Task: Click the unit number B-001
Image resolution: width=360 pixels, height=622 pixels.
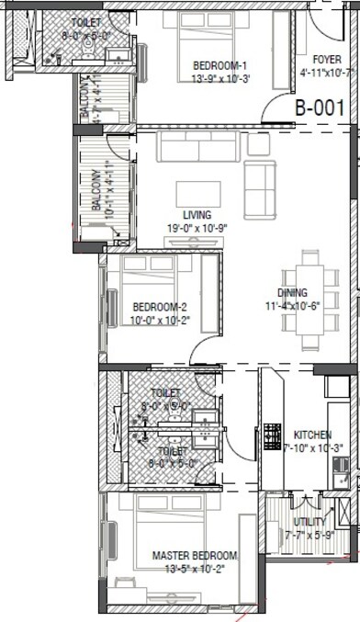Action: click(x=319, y=107)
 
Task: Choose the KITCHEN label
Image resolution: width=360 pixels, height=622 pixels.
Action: click(x=311, y=434)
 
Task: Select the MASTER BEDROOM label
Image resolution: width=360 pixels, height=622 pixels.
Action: click(x=194, y=556)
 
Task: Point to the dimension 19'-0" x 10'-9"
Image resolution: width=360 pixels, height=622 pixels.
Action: click(x=194, y=227)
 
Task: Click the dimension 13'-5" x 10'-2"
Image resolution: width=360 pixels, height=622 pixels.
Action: click(x=194, y=569)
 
